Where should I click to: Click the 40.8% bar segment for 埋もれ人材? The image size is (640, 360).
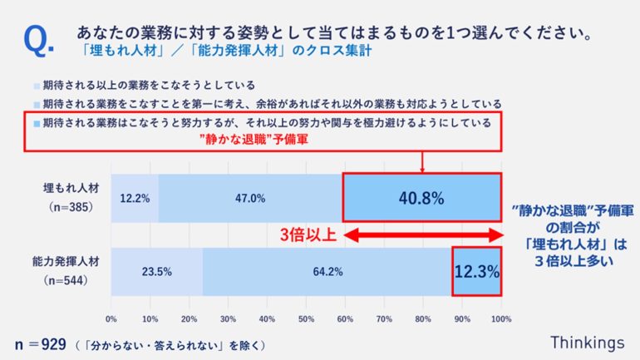point(421,198)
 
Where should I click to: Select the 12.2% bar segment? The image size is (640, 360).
point(134,198)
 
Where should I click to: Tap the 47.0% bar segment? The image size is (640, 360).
point(249,198)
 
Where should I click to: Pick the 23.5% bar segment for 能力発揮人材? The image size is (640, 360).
point(156,271)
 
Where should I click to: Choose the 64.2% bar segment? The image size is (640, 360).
point(327,271)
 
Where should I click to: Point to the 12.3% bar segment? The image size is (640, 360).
point(476,271)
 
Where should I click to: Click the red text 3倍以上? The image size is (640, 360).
point(308,235)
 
